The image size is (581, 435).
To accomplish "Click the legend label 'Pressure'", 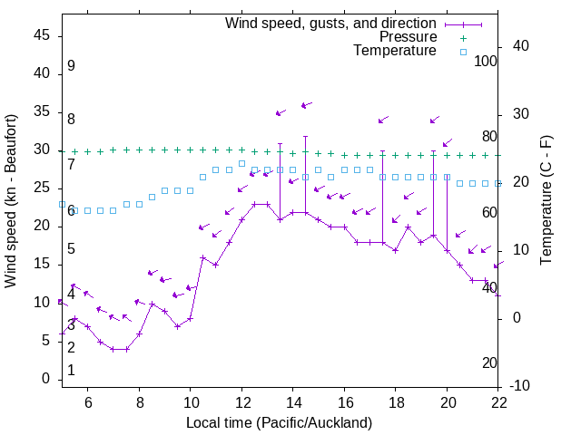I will tap(408, 37).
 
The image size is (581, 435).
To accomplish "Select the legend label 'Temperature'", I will tap(395, 51).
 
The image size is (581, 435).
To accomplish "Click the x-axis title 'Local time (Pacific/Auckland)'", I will tap(279, 422).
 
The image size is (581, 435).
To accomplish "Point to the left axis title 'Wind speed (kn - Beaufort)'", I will tap(11, 201).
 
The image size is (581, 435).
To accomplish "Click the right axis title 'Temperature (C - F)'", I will tap(546, 201).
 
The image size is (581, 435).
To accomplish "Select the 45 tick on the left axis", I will tap(41, 35).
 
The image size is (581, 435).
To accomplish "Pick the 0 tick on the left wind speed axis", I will tap(45, 379).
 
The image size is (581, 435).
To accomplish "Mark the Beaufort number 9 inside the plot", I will tap(71, 66).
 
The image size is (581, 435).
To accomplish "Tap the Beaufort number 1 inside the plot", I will tap(71, 371).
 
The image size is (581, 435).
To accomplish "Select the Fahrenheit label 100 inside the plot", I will tap(486, 61).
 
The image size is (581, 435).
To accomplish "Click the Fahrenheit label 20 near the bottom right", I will tap(489, 362).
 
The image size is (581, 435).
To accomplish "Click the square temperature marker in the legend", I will tap(462, 52).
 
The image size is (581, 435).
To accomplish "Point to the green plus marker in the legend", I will tap(462, 38).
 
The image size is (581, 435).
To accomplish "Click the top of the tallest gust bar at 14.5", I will tap(306, 137).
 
